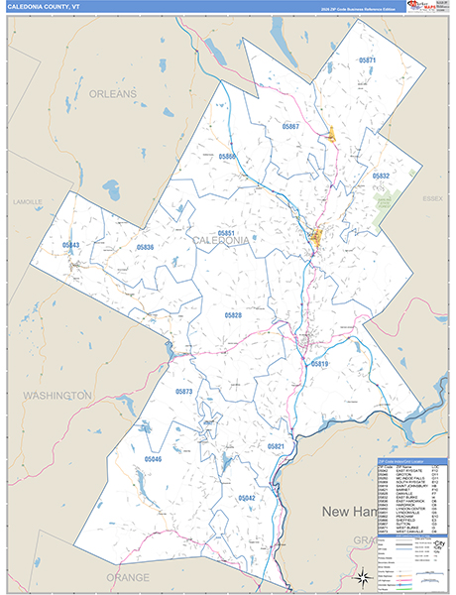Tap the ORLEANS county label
[111, 93]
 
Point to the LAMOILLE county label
[28, 200]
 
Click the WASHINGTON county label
[57, 395]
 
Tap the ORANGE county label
[128, 576]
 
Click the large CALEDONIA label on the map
[221, 241]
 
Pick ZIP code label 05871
[368, 60]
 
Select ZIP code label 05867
[290, 127]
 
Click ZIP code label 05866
[228, 157]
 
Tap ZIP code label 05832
[381, 176]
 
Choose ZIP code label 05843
[71, 244]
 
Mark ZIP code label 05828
[233, 314]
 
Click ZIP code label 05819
[319, 364]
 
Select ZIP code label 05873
[183, 392]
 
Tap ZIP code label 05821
[277, 447]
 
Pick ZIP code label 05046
[153, 459]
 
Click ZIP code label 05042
[247, 497]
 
